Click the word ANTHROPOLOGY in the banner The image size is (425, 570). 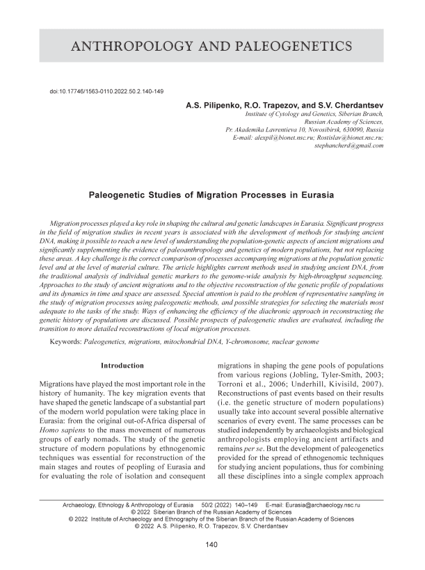124,47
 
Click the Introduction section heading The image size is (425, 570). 122,366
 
